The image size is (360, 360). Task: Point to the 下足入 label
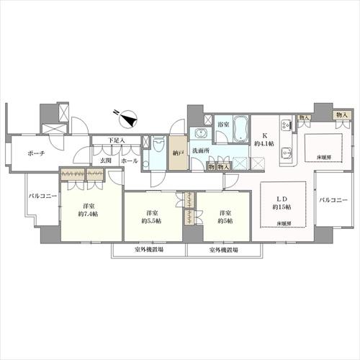(x=117, y=141)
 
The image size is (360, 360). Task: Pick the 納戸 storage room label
(x=177, y=153)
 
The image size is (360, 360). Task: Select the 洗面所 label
(x=200, y=150)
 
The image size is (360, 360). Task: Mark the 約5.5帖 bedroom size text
(x=153, y=220)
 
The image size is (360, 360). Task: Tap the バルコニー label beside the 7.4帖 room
(x=43, y=196)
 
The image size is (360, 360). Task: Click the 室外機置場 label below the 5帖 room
(x=224, y=251)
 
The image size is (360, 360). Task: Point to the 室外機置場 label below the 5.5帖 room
(x=148, y=251)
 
